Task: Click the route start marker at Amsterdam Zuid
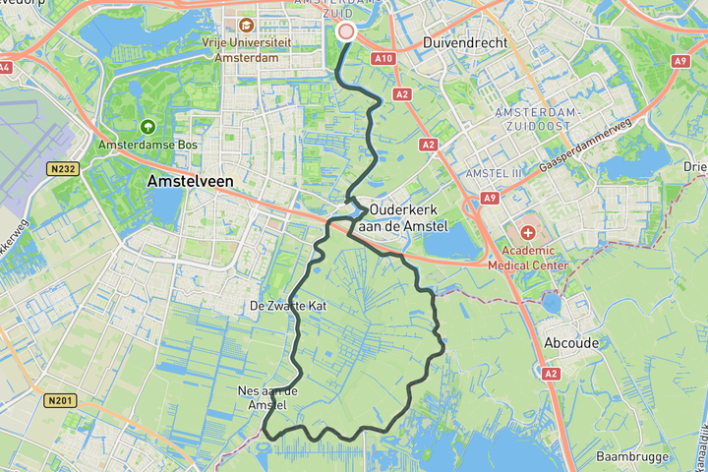tap(345, 31)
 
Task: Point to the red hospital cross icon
tap(528, 233)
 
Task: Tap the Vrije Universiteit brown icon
tap(246, 25)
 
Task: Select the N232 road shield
tap(61, 169)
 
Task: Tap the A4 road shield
tap(5, 68)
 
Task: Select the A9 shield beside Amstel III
tap(490, 198)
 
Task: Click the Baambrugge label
tap(633, 456)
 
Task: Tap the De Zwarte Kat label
tap(288, 307)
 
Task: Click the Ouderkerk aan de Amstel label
tap(405, 218)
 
